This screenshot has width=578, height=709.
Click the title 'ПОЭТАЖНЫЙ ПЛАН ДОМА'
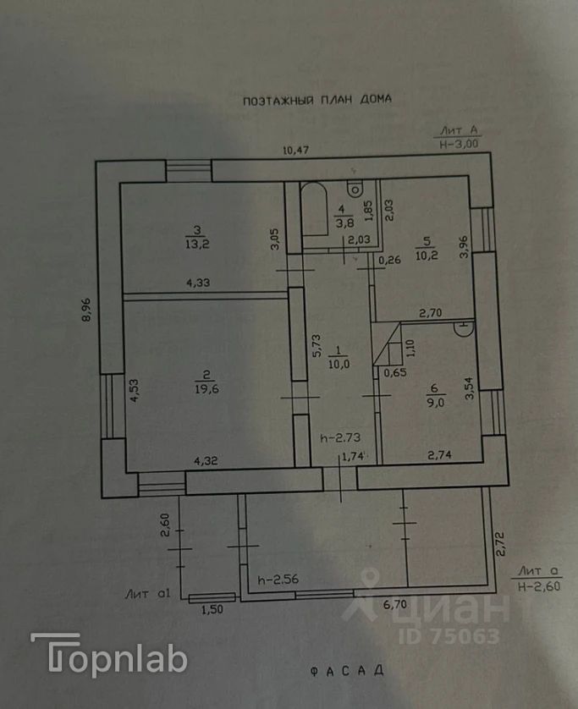tap(317, 100)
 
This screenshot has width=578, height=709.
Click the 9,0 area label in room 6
tap(437, 403)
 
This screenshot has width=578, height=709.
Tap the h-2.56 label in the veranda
tap(278, 580)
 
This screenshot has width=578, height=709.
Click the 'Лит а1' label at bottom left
tap(148, 593)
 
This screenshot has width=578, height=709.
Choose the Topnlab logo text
tap(109, 656)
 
